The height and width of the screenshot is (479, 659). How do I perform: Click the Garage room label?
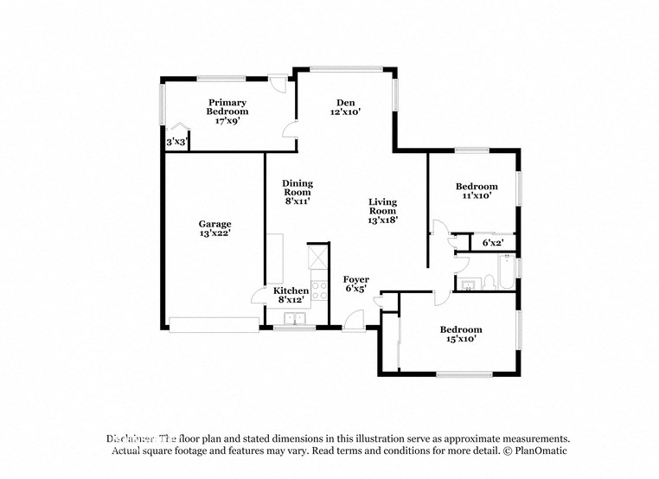point(214,228)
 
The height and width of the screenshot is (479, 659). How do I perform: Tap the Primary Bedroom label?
point(227,112)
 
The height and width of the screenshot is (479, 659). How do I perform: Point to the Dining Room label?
point(297,192)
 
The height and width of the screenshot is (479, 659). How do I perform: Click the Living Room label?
point(382,210)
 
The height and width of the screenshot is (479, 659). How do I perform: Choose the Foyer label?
point(356,284)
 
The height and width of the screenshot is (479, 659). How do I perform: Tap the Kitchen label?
point(291,295)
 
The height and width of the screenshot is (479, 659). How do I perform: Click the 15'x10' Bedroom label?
point(460,335)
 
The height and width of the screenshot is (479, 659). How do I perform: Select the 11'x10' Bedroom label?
point(477,191)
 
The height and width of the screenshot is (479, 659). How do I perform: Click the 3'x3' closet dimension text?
point(176,142)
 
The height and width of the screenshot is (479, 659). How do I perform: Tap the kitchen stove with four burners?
point(318,290)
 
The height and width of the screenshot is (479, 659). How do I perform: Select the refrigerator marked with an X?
point(317,259)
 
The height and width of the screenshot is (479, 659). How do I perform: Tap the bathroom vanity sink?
point(469,284)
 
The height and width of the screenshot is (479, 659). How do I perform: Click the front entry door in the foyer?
point(353,321)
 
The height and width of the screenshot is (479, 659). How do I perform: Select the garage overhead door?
point(214,324)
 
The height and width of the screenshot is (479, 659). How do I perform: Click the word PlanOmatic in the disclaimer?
point(540,451)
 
